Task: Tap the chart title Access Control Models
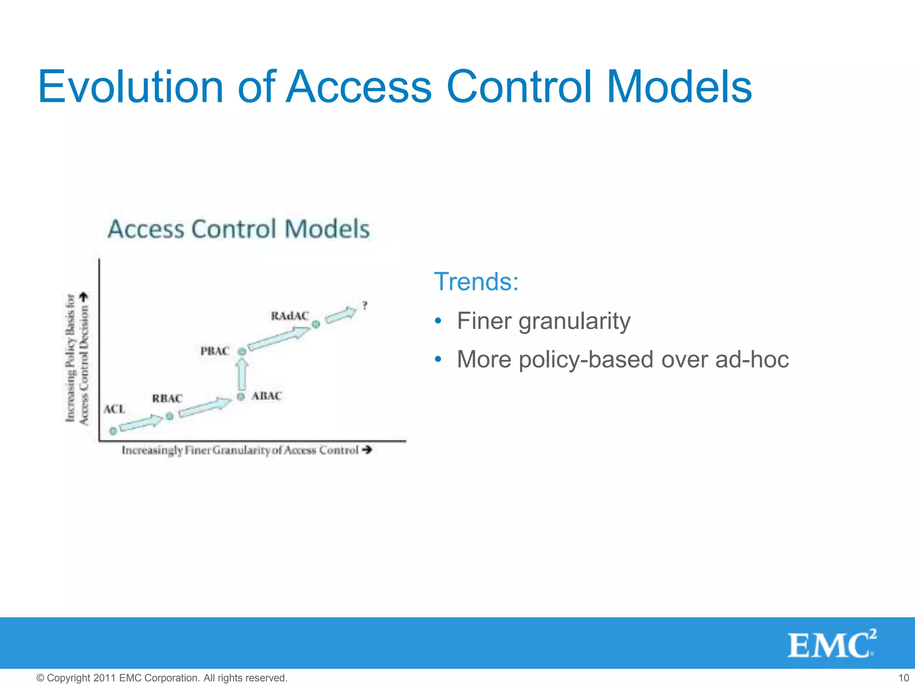click(239, 229)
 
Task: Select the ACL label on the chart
click(114, 409)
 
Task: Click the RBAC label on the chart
click(167, 398)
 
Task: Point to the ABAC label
click(267, 396)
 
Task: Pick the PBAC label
click(214, 351)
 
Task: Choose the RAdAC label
click(290, 316)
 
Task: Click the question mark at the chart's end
click(365, 306)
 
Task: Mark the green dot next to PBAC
click(242, 352)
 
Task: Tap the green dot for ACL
click(113, 431)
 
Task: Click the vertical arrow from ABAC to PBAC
click(242, 374)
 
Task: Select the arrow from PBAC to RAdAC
click(279, 338)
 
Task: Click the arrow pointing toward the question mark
click(341, 314)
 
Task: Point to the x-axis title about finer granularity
click(247, 450)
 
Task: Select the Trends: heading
click(476, 282)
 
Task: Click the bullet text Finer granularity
click(543, 321)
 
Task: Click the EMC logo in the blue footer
click(831, 644)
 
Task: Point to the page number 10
click(903, 678)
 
